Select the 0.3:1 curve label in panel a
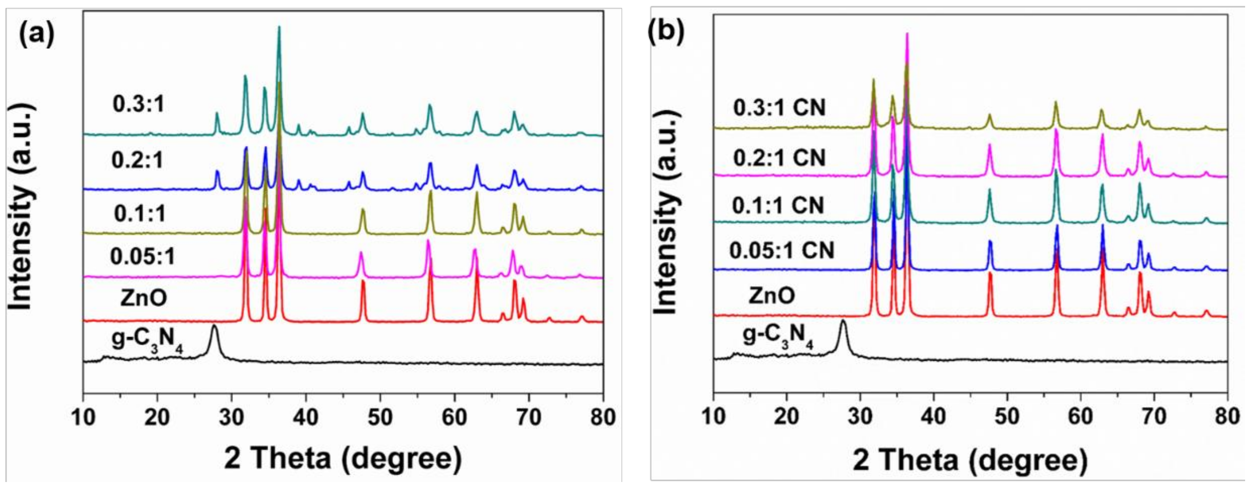tap(139, 105)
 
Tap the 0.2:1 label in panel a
tap(138, 161)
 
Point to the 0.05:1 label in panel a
tap(142, 257)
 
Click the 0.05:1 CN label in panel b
tap(781, 250)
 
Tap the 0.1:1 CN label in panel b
tap(778, 205)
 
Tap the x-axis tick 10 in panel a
tap(83, 418)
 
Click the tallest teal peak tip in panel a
tap(279, 27)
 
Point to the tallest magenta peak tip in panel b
tap(906, 34)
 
